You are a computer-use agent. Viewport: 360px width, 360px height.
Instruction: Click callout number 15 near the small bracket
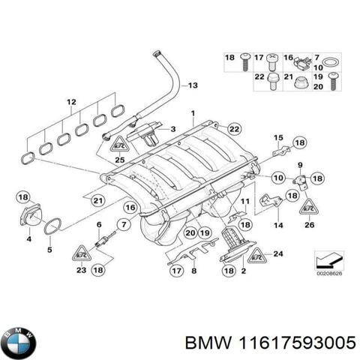[278, 138]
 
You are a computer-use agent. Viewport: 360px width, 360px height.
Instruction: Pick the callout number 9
[299, 165]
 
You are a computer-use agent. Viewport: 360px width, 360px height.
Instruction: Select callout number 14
[277, 224]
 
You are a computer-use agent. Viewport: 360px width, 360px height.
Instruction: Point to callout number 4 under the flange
[28, 239]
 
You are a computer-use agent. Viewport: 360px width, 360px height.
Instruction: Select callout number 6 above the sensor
[97, 225]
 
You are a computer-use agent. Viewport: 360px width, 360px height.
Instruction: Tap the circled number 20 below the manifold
[190, 233]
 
